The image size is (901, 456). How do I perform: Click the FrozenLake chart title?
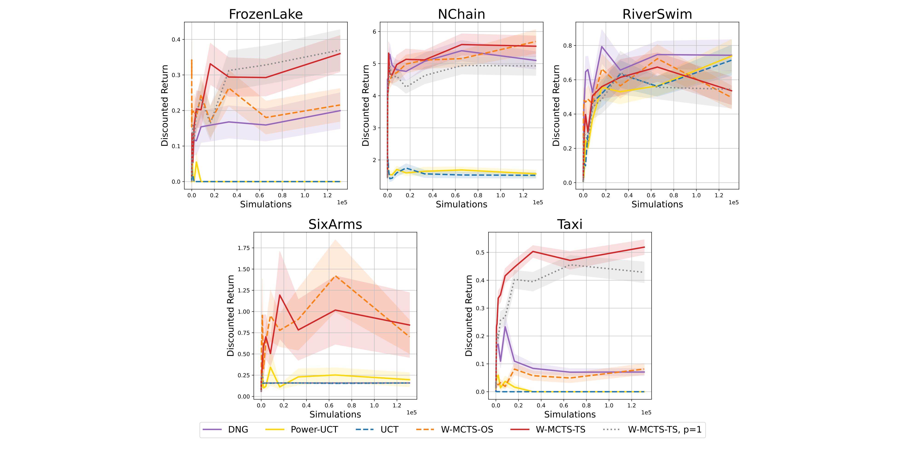coord(266,14)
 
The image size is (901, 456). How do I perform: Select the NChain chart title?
coord(461,14)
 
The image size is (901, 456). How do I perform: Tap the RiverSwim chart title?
coord(657,14)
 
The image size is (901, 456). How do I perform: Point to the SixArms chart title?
coord(335,224)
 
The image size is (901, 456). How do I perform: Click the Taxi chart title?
coord(569,224)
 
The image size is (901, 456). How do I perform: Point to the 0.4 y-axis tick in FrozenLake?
coord(176,40)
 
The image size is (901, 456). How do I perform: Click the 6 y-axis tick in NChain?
coord(374,32)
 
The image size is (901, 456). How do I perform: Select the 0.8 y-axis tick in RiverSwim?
coord(567,46)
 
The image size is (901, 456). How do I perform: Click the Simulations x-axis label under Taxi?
coord(569,414)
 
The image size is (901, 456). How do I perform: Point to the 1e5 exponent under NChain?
coord(538,202)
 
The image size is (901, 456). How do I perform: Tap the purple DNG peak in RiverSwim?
coord(602,47)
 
